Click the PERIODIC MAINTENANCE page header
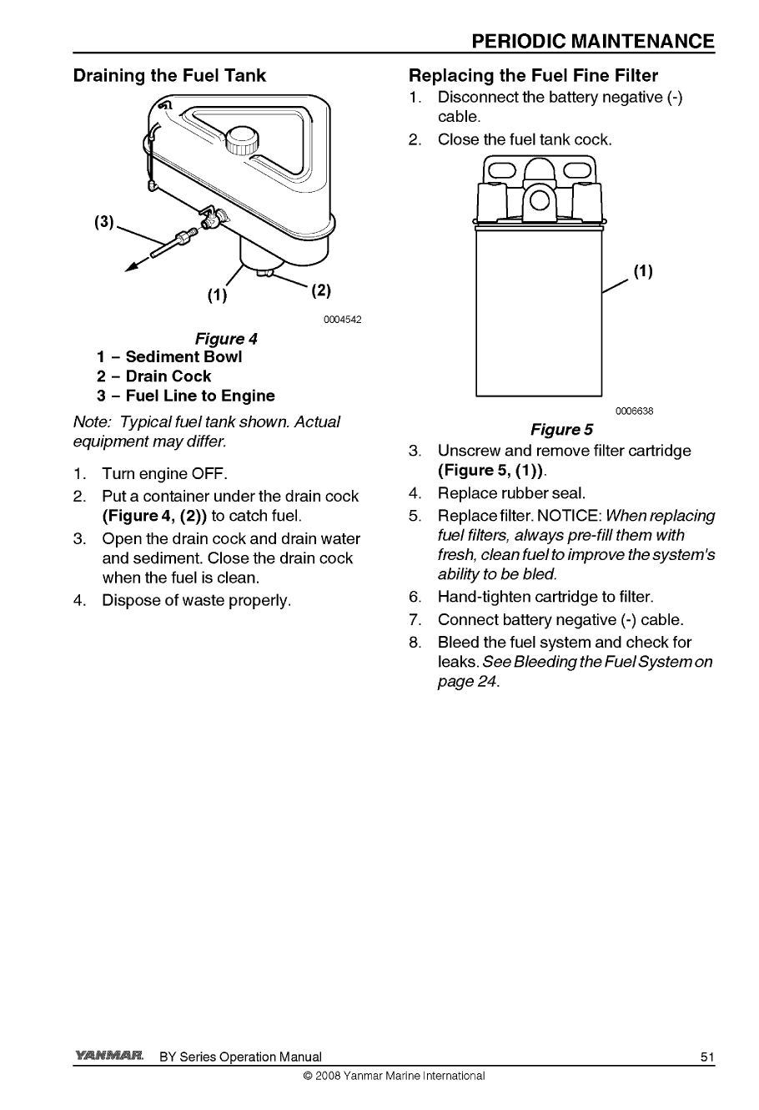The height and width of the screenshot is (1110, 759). (x=592, y=42)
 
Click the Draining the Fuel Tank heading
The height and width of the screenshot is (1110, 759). (x=169, y=76)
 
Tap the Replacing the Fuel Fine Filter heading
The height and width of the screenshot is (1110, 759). (x=533, y=76)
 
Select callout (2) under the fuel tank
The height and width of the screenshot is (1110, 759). (x=320, y=291)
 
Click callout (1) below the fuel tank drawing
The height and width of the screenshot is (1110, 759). (x=217, y=295)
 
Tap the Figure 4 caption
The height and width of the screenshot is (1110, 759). (x=226, y=339)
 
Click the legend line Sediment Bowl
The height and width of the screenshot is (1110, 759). (x=169, y=357)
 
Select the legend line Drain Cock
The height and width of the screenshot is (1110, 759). (x=154, y=376)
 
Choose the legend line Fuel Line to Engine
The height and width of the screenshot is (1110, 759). (x=185, y=396)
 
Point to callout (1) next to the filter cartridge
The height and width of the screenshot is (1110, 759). (x=642, y=271)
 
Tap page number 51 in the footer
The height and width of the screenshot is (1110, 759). (x=707, y=1057)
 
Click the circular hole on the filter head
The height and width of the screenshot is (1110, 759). (x=538, y=201)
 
